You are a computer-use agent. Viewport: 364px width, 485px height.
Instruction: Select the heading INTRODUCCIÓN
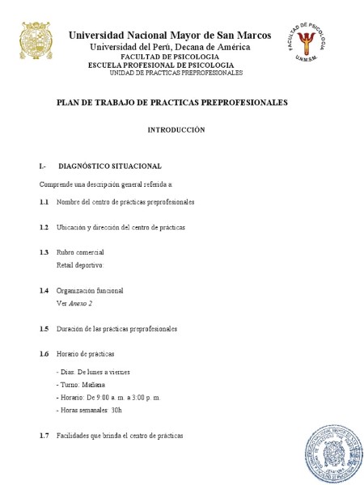pos(176,129)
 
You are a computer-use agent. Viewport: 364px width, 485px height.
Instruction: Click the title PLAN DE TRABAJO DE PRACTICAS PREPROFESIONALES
pos(171,103)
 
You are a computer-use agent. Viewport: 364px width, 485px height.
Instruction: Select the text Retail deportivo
pos(80,265)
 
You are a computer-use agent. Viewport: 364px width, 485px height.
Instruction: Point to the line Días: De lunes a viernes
pos(93,372)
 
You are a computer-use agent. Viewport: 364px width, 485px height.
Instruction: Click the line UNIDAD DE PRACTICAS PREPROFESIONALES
pos(176,73)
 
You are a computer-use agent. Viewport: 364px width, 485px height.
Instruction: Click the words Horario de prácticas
pos(85,354)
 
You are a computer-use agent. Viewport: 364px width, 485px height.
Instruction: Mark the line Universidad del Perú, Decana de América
pos(169,47)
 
